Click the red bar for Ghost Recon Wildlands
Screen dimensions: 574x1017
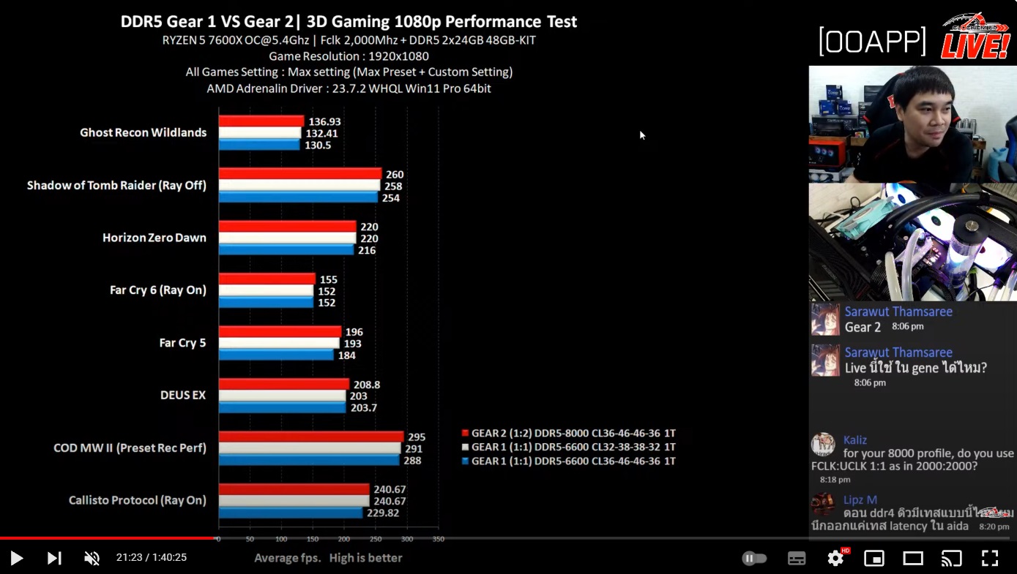click(x=261, y=121)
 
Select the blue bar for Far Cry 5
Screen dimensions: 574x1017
click(x=276, y=355)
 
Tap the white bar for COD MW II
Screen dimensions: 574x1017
click(x=310, y=448)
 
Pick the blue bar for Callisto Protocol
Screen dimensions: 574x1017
click(x=291, y=513)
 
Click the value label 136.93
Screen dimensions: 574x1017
click(x=324, y=121)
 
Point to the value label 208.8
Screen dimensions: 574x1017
click(x=366, y=385)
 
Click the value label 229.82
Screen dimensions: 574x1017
click(x=383, y=513)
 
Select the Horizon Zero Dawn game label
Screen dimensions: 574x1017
click(x=154, y=238)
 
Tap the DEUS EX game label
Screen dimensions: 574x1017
click(x=183, y=395)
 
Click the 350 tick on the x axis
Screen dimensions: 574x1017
click(x=438, y=539)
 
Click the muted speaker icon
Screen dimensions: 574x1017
click(x=92, y=559)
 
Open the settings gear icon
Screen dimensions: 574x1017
click(x=835, y=559)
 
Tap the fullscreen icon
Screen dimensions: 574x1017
click(x=989, y=559)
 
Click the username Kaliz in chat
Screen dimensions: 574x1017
click(x=854, y=440)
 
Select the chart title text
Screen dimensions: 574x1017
click(x=349, y=21)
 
